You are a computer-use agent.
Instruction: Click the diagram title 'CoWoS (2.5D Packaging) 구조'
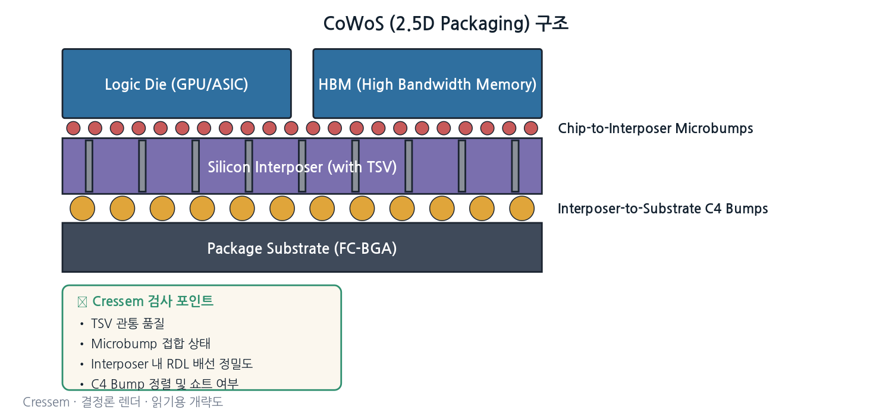(x=445, y=24)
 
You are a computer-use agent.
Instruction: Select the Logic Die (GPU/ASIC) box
(x=177, y=84)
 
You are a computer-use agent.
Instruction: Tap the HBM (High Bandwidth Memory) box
(x=428, y=84)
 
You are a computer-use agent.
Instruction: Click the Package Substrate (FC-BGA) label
(x=302, y=248)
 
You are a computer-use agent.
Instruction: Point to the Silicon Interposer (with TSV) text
(x=302, y=167)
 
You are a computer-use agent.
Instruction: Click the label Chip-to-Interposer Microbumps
(x=655, y=128)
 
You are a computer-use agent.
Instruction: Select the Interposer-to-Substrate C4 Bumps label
(x=662, y=209)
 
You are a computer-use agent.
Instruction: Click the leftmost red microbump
(x=73, y=128)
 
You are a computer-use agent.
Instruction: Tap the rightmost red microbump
(x=531, y=128)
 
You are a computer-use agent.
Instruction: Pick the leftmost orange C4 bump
(x=83, y=209)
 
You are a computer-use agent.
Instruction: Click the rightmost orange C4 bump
(x=522, y=209)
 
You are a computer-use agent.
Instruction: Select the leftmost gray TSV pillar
(x=89, y=166)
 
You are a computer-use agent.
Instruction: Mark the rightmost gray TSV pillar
(x=516, y=166)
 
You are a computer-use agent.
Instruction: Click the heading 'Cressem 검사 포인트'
(x=153, y=301)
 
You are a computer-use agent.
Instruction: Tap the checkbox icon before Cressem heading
(x=83, y=302)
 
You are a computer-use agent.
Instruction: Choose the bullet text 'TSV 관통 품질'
(x=128, y=323)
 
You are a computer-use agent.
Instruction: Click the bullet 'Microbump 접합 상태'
(x=150, y=344)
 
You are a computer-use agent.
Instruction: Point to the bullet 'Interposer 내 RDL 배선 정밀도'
(x=172, y=364)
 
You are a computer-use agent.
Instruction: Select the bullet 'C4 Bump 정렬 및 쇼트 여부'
(x=165, y=383)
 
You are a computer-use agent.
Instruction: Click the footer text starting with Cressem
(x=123, y=402)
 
